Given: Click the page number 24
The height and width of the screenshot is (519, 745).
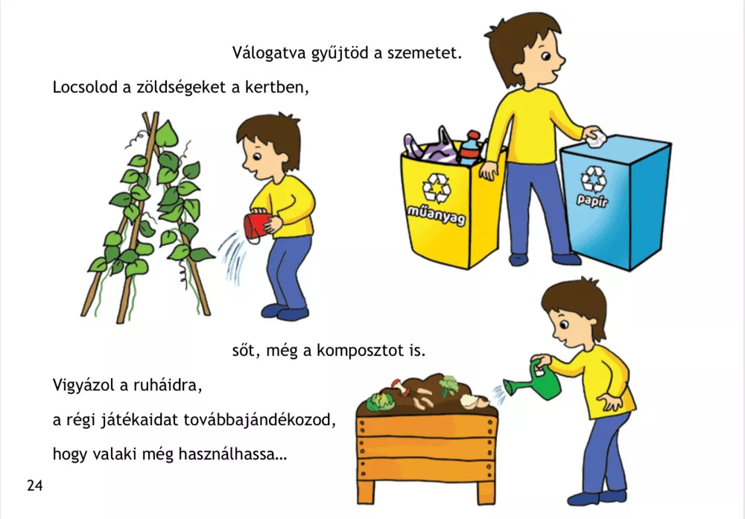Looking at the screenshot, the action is [x=35, y=485].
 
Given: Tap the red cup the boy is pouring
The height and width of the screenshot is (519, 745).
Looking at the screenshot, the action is [x=257, y=226].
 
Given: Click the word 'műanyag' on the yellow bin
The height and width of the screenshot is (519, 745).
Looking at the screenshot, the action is [x=436, y=215].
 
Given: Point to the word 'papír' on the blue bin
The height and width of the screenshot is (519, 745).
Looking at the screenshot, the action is [x=592, y=200].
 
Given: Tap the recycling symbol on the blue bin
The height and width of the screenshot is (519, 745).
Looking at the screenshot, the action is [x=594, y=179].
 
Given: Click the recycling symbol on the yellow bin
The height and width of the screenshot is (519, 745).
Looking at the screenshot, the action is [x=437, y=188].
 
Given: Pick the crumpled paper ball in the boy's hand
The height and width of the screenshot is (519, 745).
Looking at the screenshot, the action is [x=596, y=138].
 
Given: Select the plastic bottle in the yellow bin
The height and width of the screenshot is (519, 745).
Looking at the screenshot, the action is [x=470, y=148].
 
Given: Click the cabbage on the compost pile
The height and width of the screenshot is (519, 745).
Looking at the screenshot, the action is [x=380, y=402].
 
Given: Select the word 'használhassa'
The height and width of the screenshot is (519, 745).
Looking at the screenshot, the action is [x=232, y=454].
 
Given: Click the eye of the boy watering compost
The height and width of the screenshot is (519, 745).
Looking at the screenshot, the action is [x=564, y=325].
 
